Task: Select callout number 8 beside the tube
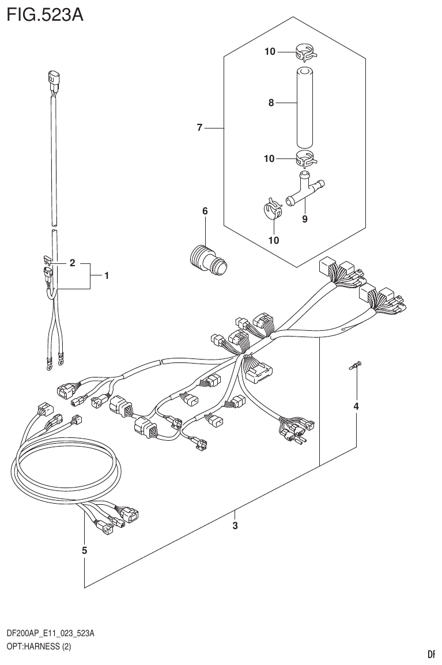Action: [270, 103]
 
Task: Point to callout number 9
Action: [305, 219]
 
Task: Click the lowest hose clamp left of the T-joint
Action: [273, 209]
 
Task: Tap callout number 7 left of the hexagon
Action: [199, 128]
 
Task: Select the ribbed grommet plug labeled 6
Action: [208, 258]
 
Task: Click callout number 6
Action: [205, 211]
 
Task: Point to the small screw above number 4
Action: [356, 366]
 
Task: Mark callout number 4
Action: [356, 407]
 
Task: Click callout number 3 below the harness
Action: [235, 526]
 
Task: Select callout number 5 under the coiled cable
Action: [84, 550]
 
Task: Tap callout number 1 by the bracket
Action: [107, 276]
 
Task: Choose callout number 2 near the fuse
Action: [73, 263]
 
